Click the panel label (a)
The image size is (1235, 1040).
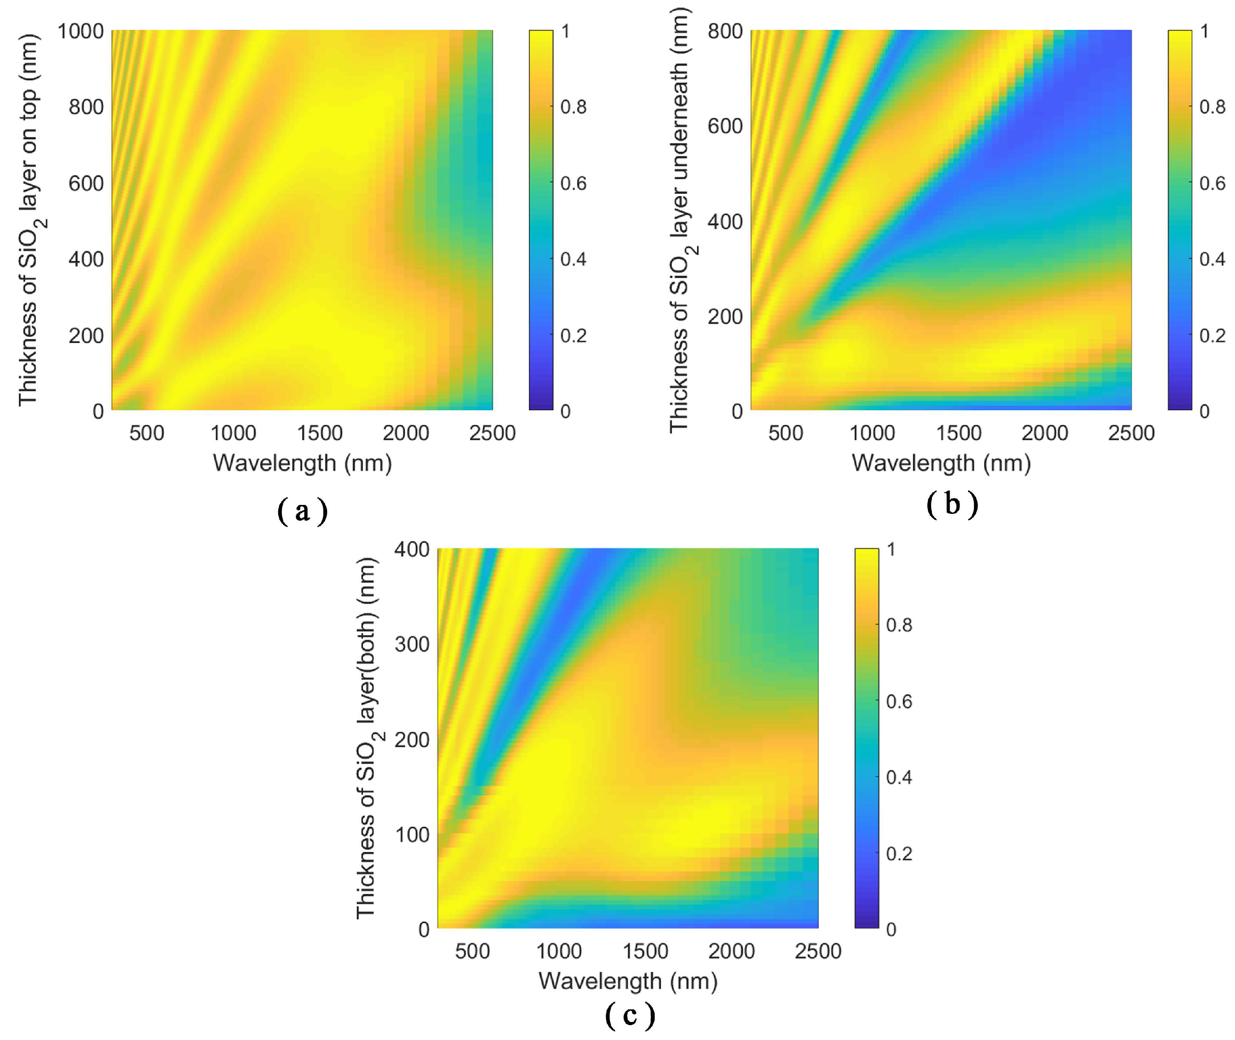[302, 511]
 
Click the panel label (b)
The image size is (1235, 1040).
[952, 504]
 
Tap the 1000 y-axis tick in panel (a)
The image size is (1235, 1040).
[80, 31]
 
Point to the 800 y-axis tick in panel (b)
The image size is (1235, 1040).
[725, 31]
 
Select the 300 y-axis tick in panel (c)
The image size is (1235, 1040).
[412, 644]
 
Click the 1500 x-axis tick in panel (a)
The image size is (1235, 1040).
[320, 433]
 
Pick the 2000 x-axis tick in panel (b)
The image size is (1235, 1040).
[1045, 433]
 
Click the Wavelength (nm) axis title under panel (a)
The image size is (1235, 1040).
[302, 463]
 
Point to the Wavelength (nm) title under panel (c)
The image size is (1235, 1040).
[628, 981]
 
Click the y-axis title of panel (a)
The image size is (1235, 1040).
[29, 220]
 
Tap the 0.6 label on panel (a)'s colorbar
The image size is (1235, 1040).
[573, 183]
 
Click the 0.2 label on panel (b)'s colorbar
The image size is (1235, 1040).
[1212, 335]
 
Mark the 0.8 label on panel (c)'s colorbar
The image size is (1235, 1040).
[899, 625]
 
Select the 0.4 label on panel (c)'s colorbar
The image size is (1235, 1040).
[899, 778]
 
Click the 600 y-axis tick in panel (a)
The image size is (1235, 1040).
[86, 183]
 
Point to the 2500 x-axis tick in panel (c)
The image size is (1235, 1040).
[817, 952]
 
